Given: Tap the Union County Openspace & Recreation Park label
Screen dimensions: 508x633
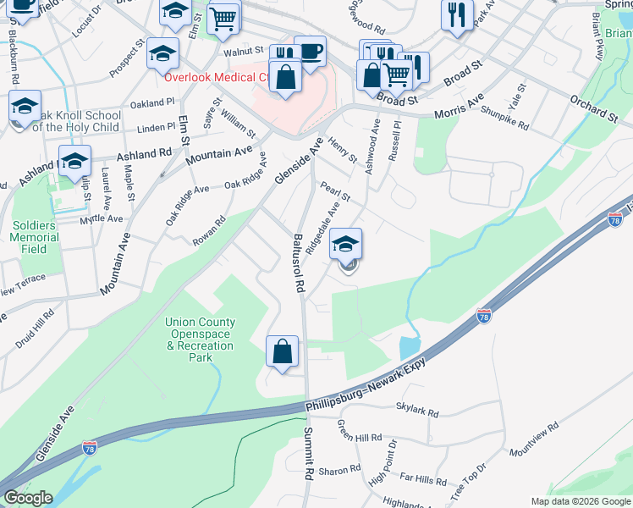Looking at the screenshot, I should (x=201, y=340).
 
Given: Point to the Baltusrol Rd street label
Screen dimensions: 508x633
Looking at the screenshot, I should (x=297, y=263).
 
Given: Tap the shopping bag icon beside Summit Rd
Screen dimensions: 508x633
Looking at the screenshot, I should (x=283, y=351).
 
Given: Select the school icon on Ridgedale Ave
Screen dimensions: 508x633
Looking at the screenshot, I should (x=345, y=244).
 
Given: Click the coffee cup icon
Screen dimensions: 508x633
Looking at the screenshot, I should (x=310, y=51).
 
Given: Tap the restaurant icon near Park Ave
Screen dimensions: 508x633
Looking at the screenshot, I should (x=457, y=14).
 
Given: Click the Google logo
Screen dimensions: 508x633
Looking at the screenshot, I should (x=28, y=498).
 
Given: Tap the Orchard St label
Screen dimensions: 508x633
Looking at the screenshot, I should (x=593, y=110).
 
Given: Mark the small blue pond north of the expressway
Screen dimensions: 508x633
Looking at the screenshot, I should (x=408, y=346).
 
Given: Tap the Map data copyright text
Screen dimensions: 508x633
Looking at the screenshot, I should (x=581, y=501).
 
